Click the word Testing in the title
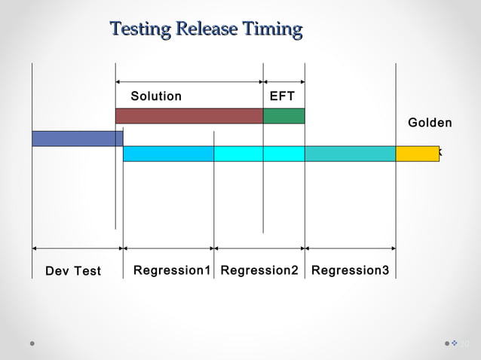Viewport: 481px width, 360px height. (141, 29)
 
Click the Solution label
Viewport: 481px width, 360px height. (156, 96)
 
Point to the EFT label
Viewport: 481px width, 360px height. (282, 96)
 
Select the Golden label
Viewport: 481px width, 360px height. (430, 123)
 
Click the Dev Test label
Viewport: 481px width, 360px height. (73, 271)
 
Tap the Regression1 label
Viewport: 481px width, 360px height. (171, 270)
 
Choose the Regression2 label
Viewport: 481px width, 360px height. (259, 270)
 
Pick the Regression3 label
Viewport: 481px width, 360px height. (350, 270)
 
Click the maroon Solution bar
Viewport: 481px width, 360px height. (188, 116)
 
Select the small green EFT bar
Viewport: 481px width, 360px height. (283, 116)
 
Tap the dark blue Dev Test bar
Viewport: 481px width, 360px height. (76, 139)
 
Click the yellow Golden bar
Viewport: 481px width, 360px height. (417, 154)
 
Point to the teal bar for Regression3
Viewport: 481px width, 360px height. (350, 154)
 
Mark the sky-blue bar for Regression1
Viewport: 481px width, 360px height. (168, 154)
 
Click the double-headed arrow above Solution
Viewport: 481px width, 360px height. (188, 81)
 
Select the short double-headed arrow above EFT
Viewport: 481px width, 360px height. (283, 81)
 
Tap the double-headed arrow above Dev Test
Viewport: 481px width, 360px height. (77, 248)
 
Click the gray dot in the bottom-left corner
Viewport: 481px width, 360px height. (32, 343)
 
